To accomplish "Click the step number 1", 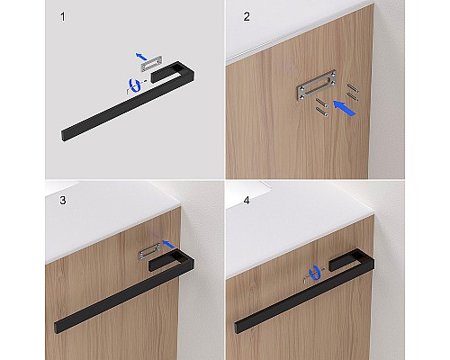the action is pyautogui.click(x=63, y=17).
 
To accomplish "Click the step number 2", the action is pyautogui.click(x=247, y=17).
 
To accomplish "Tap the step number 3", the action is pyautogui.click(x=63, y=201).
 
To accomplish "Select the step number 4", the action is pyautogui.click(x=247, y=201).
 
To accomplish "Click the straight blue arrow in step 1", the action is pyautogui.click(x=141, y=56).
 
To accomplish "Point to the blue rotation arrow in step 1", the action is pyautogui.click(x=135, y=85).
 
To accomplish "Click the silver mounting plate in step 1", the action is pyautogui.click(x=152, y=64).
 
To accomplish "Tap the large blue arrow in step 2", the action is pyautogui.click(x=345, y=108).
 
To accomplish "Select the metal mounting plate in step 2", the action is pyautogui.click(x=317, y=85).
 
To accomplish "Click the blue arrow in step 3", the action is pyautogui.click(x=168, y=244).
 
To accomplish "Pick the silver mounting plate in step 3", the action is pyautogui.click(x=149, y=251).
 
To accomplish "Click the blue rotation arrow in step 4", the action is pyautogui.click(x=315, y=273).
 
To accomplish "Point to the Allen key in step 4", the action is pyautogui.click(x=307, y=277).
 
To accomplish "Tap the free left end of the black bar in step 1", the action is pyautogui.click(x=63, y=136).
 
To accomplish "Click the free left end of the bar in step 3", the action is pyautogui.click(x=57, y=328).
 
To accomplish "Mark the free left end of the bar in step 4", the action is pyautogui.click(x=238, y=328).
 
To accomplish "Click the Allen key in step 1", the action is pyautogui.click(x=129, y=89).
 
